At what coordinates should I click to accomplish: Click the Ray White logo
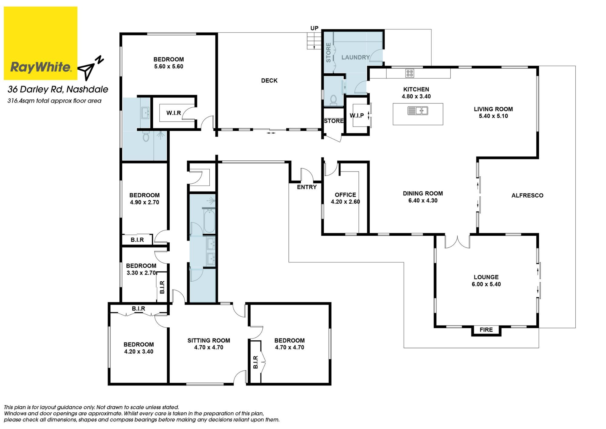(41, 43)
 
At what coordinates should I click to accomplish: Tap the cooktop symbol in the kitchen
(410, 73)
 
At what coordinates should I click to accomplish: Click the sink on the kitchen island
(418, 111)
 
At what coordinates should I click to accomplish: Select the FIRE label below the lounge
(486, 330)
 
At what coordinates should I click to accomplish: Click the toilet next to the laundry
(334, 100)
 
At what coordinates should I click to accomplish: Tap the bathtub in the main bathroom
(209, 221)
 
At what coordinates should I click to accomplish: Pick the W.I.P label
(357, 115)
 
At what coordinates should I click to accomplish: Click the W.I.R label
(174, 113)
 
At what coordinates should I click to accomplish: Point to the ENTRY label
(307, 187)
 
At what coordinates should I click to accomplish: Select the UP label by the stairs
(315, 28)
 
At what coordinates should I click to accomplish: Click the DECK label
(269, 80)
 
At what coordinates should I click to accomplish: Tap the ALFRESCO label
(527, 195)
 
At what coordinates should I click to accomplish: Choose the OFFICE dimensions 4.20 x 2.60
(345, 202)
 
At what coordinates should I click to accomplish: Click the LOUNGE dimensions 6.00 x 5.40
(486, 284)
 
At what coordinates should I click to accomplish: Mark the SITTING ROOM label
(209, 340)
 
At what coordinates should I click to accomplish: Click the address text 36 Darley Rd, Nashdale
(58, 89)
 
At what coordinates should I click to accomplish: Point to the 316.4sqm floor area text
(55, 101)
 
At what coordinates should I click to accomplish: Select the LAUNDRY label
(355, 57)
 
